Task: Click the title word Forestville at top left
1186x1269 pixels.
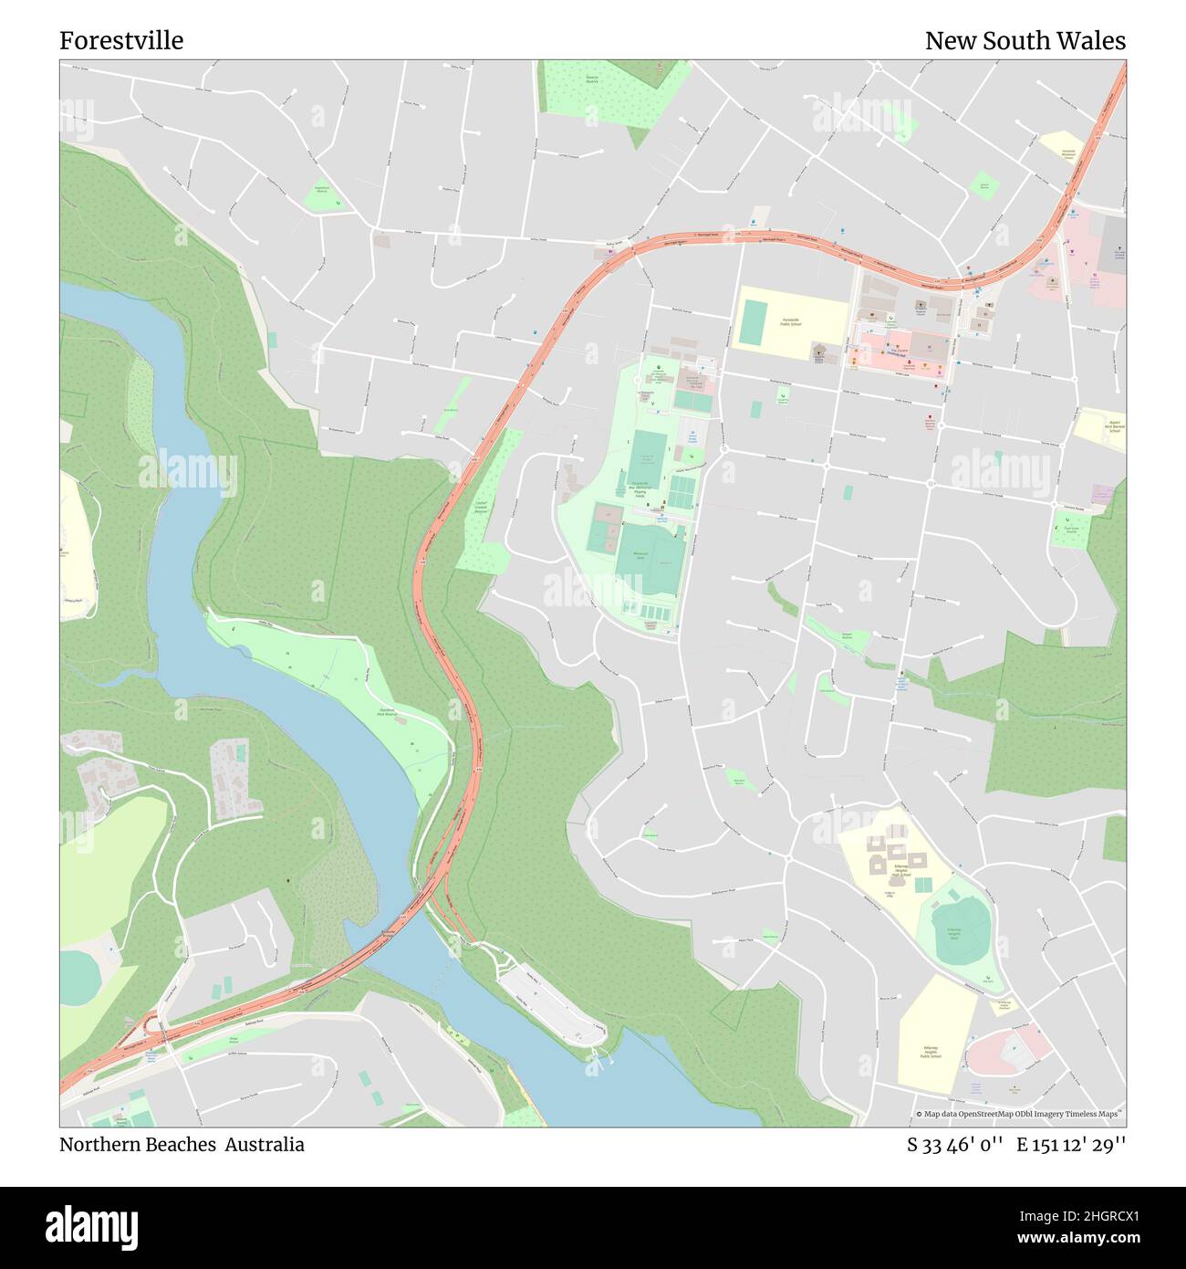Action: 121,41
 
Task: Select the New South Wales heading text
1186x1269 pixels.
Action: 1025,41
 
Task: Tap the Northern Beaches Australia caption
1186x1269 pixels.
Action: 182,1144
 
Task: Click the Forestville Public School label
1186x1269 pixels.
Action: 790,321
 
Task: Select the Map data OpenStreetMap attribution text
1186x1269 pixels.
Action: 1019,1114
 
